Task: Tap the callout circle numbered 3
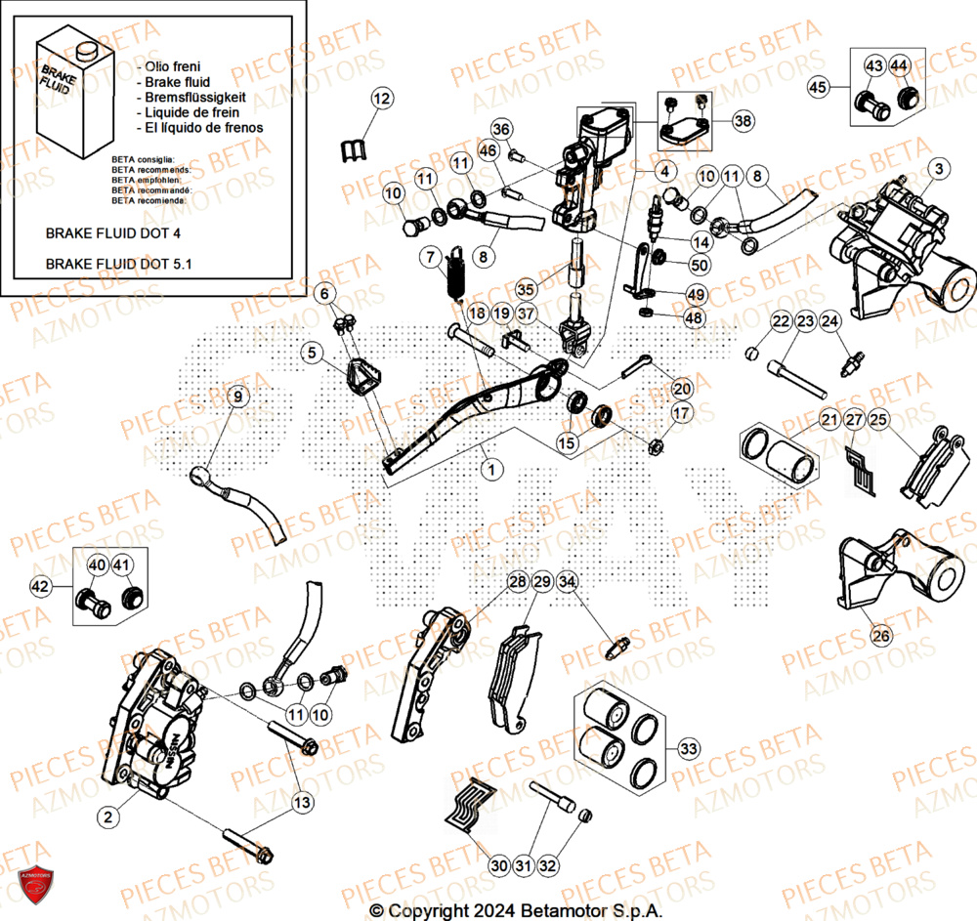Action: click(938, 169)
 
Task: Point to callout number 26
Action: click(881, 636)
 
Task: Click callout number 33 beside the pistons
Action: click(689, 749)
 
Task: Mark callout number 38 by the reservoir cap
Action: click(743, 121)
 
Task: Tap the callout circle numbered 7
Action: click(432, 258)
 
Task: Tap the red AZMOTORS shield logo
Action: click(32, 888)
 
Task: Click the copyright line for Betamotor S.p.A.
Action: click(516, 909)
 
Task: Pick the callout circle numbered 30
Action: click(499, 865)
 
